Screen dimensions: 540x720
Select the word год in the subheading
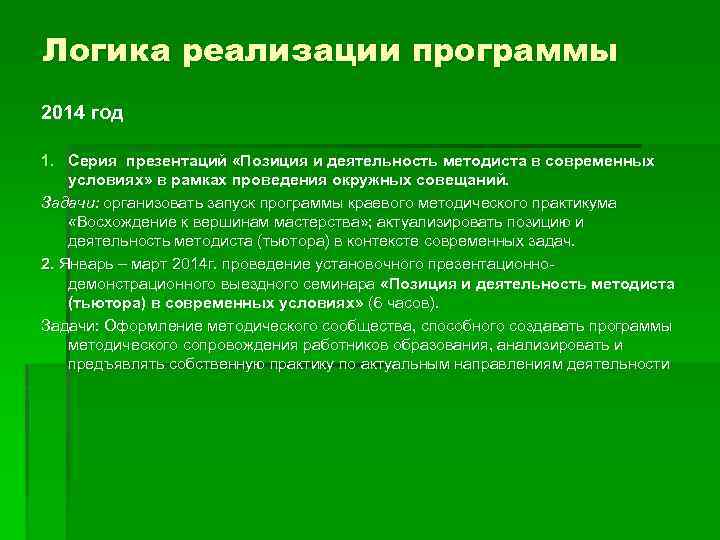pyautogui.click(x=105, y=113)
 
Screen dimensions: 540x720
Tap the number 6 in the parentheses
pyautogui.click(x=374, y=303)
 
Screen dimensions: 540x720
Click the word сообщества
pyautogui.click(x=330, y=325)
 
